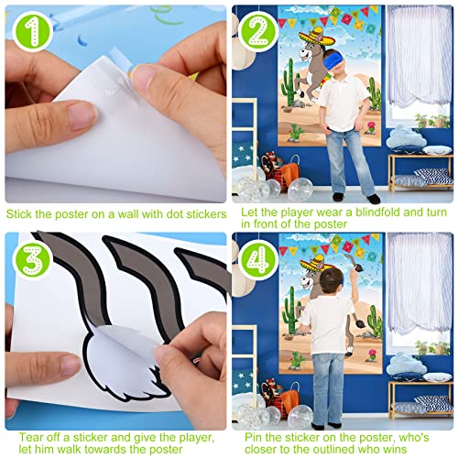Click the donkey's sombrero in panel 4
tap(314, 271)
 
